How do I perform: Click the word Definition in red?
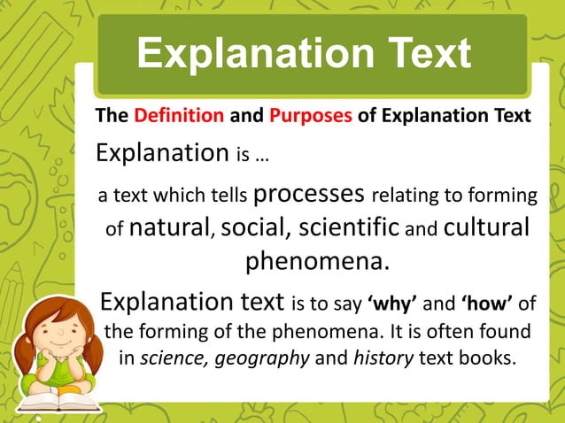179,116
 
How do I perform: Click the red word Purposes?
311,116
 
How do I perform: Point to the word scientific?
346,227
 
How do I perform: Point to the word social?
256,227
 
